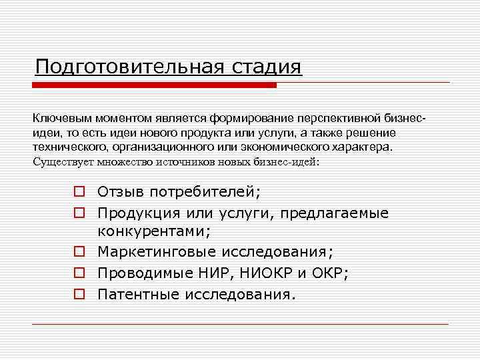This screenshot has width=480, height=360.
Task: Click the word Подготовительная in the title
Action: (x=130, y=67)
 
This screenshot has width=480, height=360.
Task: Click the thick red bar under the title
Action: (x=154, y=85)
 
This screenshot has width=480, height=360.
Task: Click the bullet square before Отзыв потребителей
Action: (x=79, y=193)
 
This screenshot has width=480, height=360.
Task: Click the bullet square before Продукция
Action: (x=79, y=213)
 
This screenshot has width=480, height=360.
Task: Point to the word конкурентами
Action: (x=154, y=232)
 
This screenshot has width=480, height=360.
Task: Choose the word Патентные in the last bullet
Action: (x=135, y=294)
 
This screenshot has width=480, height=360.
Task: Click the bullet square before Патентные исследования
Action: (x=79, y=294)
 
